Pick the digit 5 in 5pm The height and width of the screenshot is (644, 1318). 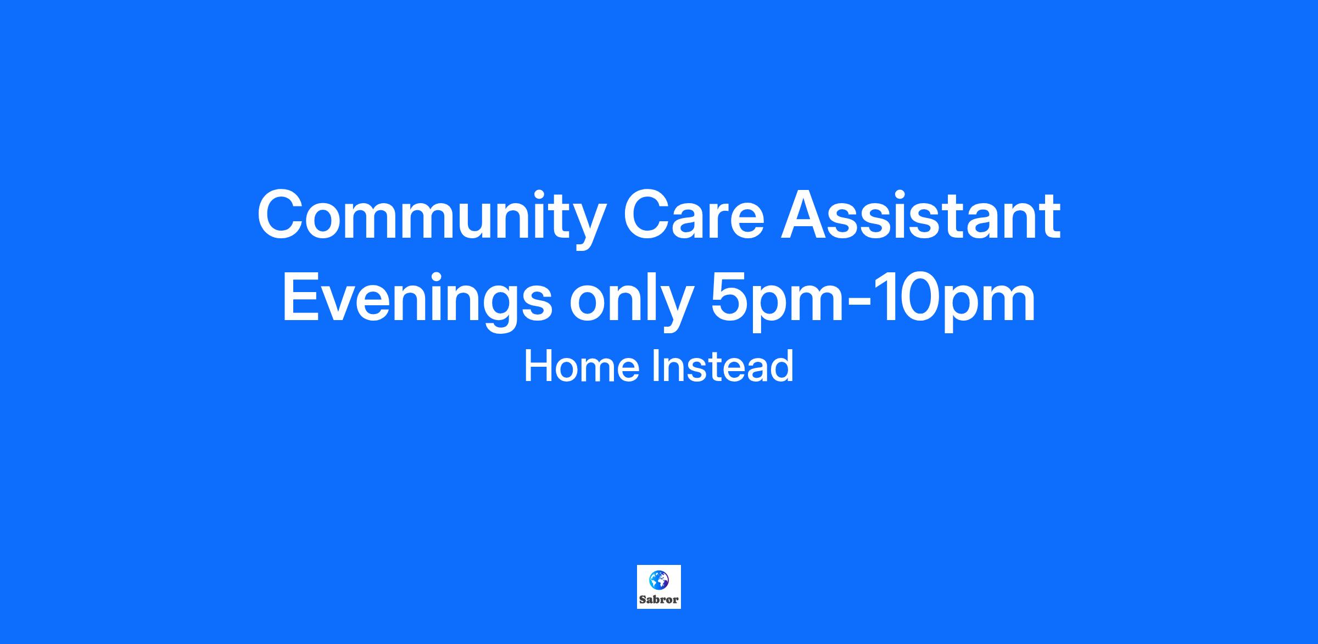pyautogui.click(x=732, y=298)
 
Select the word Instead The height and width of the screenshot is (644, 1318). pyautogui.click(x=723, y=366)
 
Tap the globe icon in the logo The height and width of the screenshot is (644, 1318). pyautogui.click(x=658, y=579)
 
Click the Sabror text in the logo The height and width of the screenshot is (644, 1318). pyautogui.click(x=658, y=600)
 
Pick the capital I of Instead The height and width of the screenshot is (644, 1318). pyautogui.click(x=655, y=367)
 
